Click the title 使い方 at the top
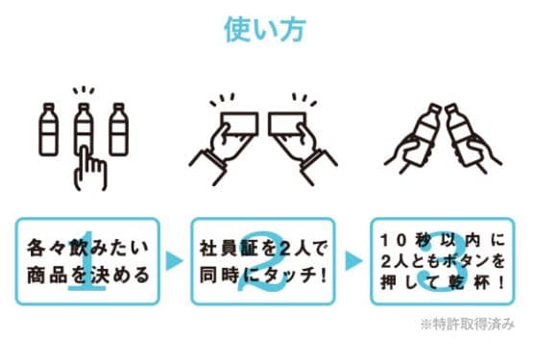265,30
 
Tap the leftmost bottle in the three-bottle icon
49,130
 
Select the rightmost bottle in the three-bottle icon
118,130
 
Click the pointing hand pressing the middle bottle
90,168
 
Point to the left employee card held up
239,124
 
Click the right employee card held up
287,124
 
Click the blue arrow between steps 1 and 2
175,261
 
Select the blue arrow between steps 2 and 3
353,261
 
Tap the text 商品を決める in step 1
87,275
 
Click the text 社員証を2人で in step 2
263,249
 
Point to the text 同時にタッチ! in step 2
263,276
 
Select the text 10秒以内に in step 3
443,241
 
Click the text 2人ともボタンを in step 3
443,262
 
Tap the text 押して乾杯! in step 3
443,283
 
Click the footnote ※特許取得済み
468,324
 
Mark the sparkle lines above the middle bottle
84,90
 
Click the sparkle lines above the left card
222,100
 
